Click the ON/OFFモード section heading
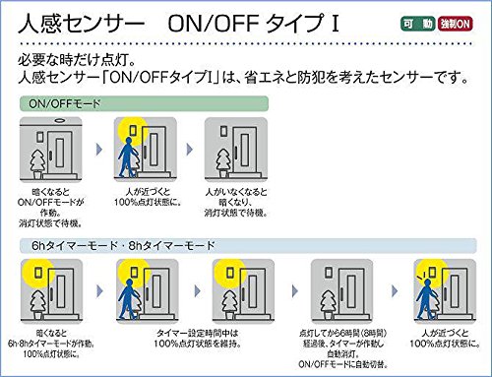pyautogui.click(x=65, y=102)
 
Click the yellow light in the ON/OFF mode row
pyautogui.click(x=129, y=132)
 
